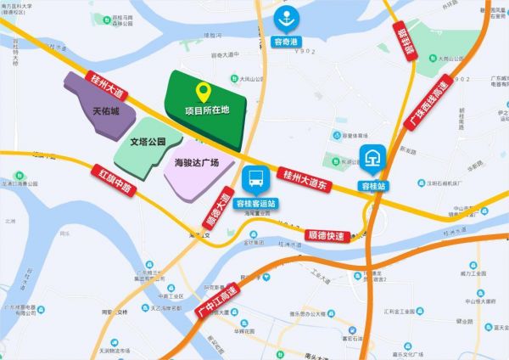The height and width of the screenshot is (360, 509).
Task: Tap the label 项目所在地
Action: (x=207, y=110)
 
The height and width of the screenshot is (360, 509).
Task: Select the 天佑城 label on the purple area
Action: (x=106, y=110)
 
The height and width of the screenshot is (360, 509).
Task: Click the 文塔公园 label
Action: (x=149, y=142)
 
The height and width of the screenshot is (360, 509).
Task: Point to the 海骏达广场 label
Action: (x=196, y=162)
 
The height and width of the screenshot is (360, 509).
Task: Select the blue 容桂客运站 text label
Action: (x=255, y=204)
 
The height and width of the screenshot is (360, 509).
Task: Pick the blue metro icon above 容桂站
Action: (x=372, y=159)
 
